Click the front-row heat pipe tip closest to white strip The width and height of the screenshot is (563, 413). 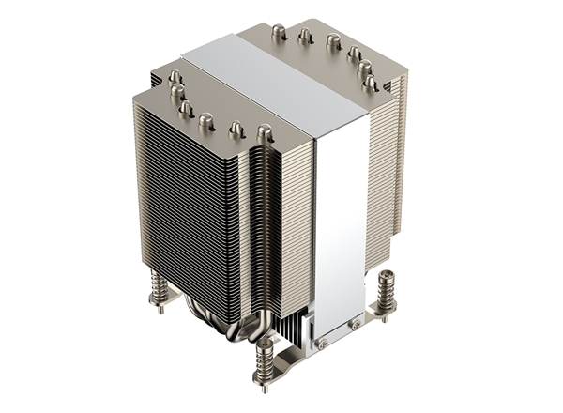[x=265, y=132]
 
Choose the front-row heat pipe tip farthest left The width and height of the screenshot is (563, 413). [x=174, y=76]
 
